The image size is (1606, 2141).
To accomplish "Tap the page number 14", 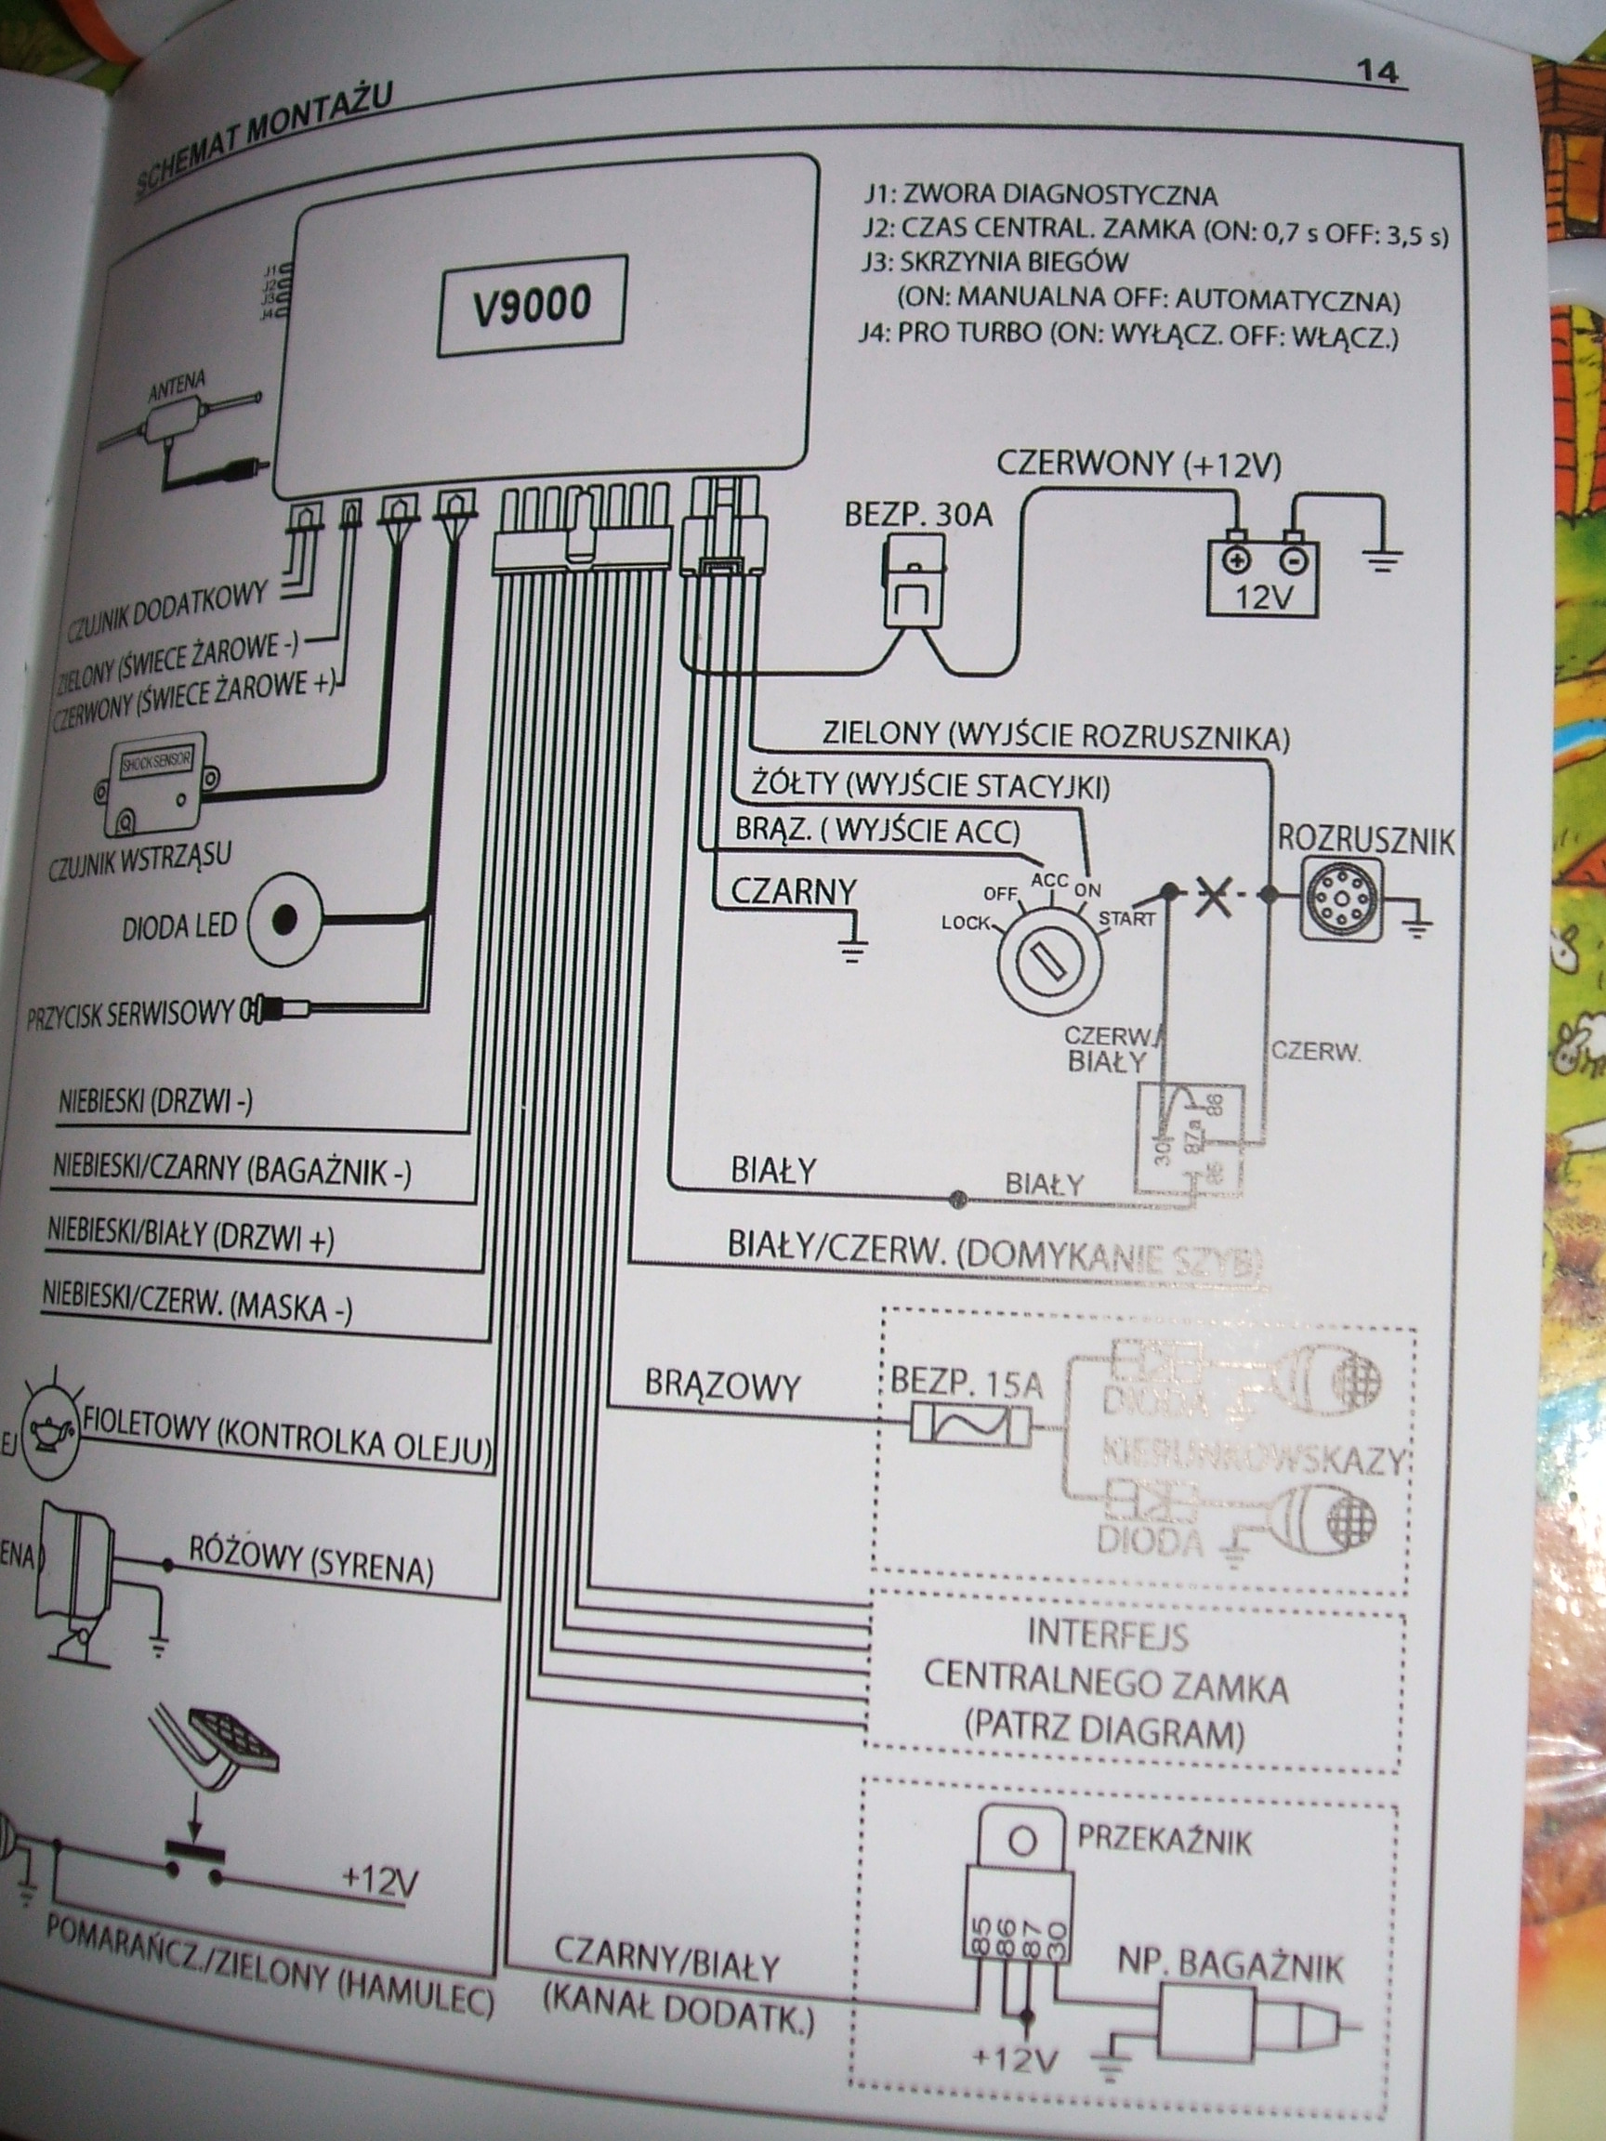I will coord(1377,72).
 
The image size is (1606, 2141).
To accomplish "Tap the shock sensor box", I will coord(158,784).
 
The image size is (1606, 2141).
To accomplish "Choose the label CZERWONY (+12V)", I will coord(1139,464).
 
